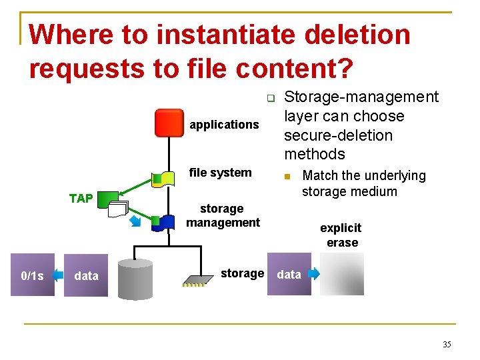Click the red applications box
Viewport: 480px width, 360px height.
(x=169, y=123)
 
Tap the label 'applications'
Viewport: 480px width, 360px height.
(x=224, y=125)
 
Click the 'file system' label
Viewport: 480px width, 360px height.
(x=221, y=173)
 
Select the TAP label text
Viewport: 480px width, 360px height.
(x=81, y=198)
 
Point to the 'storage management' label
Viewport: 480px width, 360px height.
(x=223, y=215)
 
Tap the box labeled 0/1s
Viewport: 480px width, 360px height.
(x=32, y=275)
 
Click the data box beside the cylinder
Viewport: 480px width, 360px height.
(x=86, y=275)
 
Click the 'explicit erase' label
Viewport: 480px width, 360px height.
(x=341, y=235)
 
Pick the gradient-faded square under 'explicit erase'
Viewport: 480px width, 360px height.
(x=342, y=274)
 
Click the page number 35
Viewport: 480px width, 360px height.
(x=446, y=345)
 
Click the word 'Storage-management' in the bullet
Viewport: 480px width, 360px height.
(x=361, y=97)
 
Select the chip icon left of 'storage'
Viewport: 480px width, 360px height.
(x=194, y=281)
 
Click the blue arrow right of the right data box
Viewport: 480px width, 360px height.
(x=314, y=274)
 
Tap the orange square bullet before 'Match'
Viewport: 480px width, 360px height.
(x=287, y=177)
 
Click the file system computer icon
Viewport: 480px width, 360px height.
(x=162, y=178)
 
